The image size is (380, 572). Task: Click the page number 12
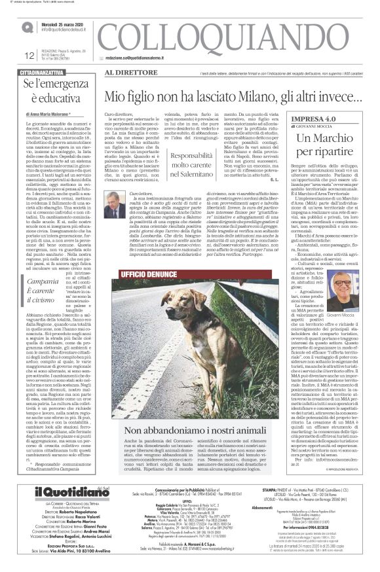11,56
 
